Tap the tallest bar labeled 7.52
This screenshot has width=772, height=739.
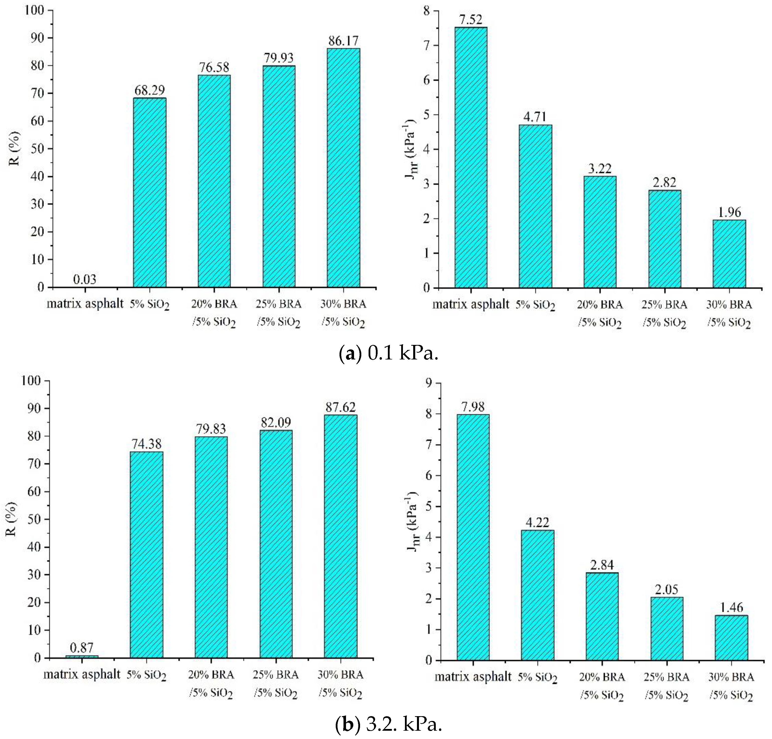click(471, 158)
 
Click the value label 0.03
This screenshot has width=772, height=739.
click(84, 279)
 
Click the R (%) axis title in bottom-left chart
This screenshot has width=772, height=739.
click(12, 519)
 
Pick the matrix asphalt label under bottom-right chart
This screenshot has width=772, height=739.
click(473, 677)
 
